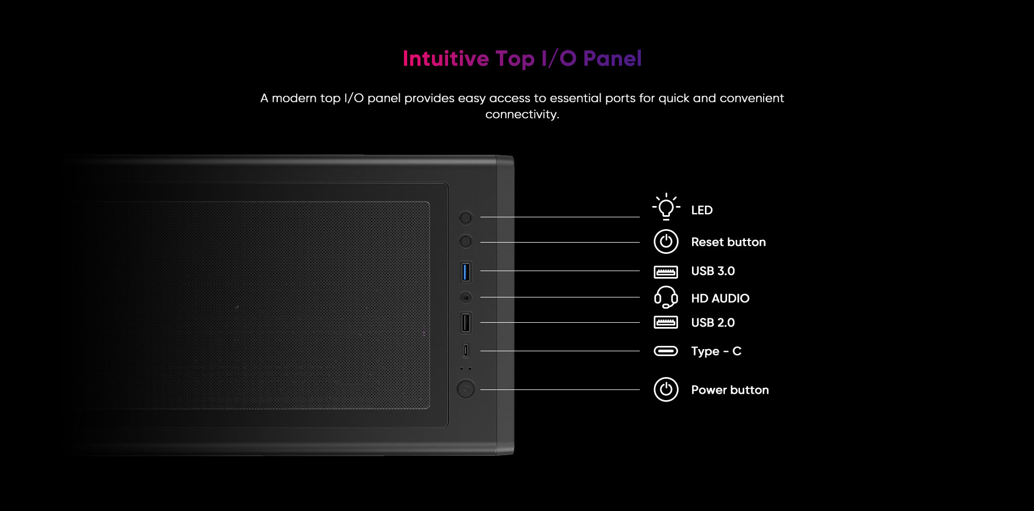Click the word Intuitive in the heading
click(446, 59)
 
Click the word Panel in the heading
click(612, 59)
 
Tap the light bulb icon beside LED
click(666, 207)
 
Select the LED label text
click(702, 210)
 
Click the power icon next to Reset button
click(666, 242)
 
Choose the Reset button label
click(729, 242)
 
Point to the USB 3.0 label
click(713, 271)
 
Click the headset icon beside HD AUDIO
click(666, 297)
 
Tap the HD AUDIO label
click(721, 299)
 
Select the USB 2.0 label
click(713, 323)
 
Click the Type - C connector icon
click(666, 351)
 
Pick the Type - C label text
click(716, 351)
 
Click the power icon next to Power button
click(666, 389)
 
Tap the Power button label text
click(730, 390)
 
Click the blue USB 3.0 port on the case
click(466, 272)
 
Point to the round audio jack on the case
click(466, 297)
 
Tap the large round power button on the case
click(466, 389)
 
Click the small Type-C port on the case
click(466, 351)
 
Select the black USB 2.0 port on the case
click(466, 323)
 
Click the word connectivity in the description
click(522, 115)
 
